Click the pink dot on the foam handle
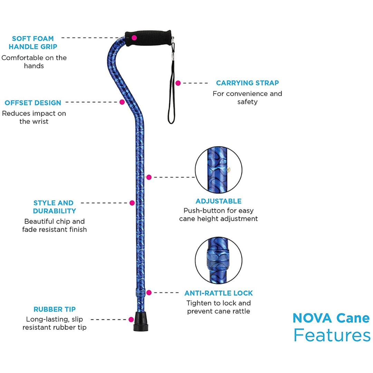click(134, 37)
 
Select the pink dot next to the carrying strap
click(178, 83)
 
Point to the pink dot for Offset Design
click(122, 102)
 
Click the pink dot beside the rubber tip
click(131, 319)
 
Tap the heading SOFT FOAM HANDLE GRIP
click(33, 42)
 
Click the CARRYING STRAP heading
click(247, 83)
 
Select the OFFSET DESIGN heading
click(33, 103)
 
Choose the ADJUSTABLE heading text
click(218, 201)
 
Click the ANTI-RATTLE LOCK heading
click(218, 293)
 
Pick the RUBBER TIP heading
click(55, 309)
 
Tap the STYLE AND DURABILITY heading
click(54, 207)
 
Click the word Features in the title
click(332, 335)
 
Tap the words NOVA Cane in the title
click(331, 318)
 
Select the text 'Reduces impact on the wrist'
click(34, 117)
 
